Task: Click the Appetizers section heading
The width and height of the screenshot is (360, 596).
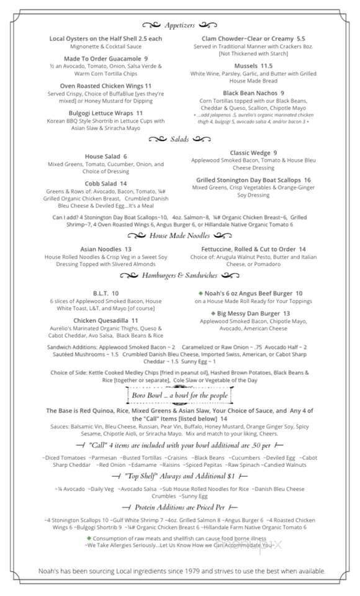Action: (179, 25)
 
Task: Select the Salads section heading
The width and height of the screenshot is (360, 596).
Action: (179, 139)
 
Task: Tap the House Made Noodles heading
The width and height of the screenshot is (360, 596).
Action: (179, 236)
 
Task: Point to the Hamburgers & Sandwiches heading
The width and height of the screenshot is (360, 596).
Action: (179, 275)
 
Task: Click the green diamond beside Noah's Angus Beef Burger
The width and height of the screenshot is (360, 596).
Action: (200, 293)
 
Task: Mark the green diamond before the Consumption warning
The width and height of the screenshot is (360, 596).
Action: (89, 538)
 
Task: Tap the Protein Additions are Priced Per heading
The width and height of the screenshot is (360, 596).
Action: (179, 508)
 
